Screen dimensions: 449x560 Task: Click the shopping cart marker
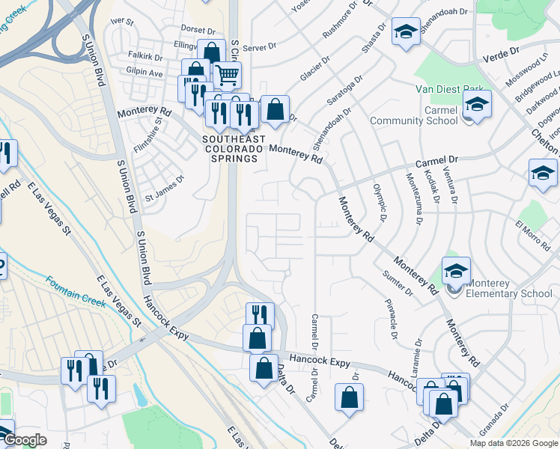click(227, 75)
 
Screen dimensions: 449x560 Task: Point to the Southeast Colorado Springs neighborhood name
click(232, 148)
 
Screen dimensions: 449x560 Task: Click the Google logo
click(24, 440)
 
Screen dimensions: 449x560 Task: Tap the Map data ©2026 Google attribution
click(514, 443)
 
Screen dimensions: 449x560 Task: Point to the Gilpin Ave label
click(145, 73)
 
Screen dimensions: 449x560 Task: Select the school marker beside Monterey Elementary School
click(455, 270)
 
